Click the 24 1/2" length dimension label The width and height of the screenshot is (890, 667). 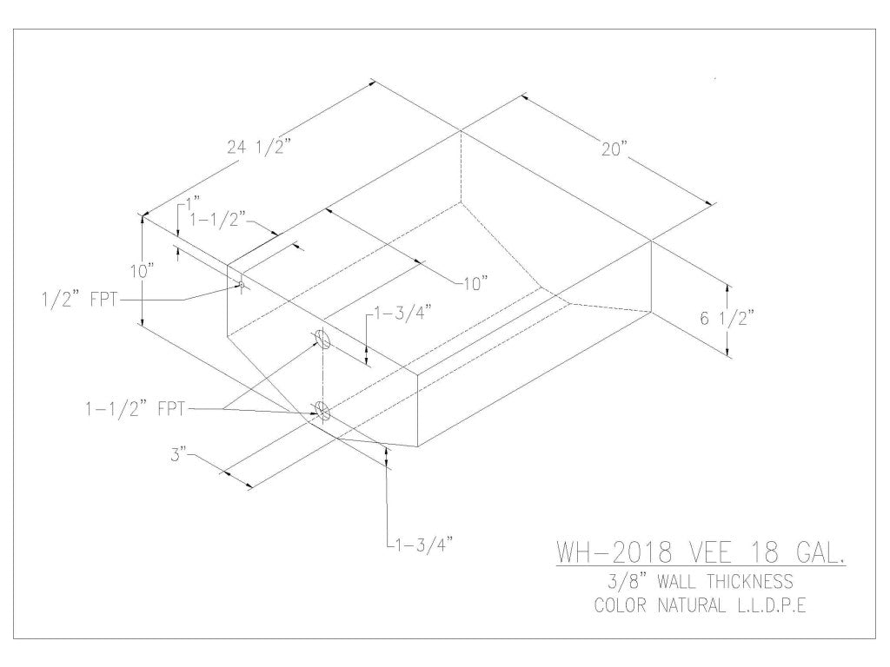258,147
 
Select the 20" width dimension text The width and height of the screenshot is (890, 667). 614,149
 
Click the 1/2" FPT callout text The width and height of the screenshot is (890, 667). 82,300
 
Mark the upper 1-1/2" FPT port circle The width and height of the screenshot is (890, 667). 320,339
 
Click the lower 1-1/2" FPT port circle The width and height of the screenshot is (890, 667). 322,411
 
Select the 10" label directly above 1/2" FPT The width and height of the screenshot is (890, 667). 143,271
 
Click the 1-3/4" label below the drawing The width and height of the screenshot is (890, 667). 421,545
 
